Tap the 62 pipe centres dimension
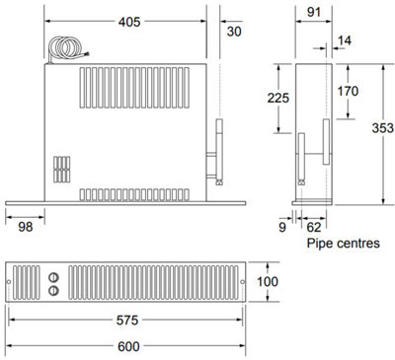[313, 225]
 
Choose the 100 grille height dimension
[270, 282]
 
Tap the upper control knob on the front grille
[52, 275]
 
